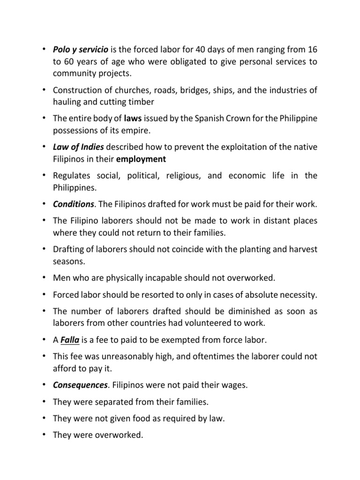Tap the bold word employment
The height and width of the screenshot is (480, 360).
pos(141,159)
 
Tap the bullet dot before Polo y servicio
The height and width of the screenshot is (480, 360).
pos(44,49)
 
